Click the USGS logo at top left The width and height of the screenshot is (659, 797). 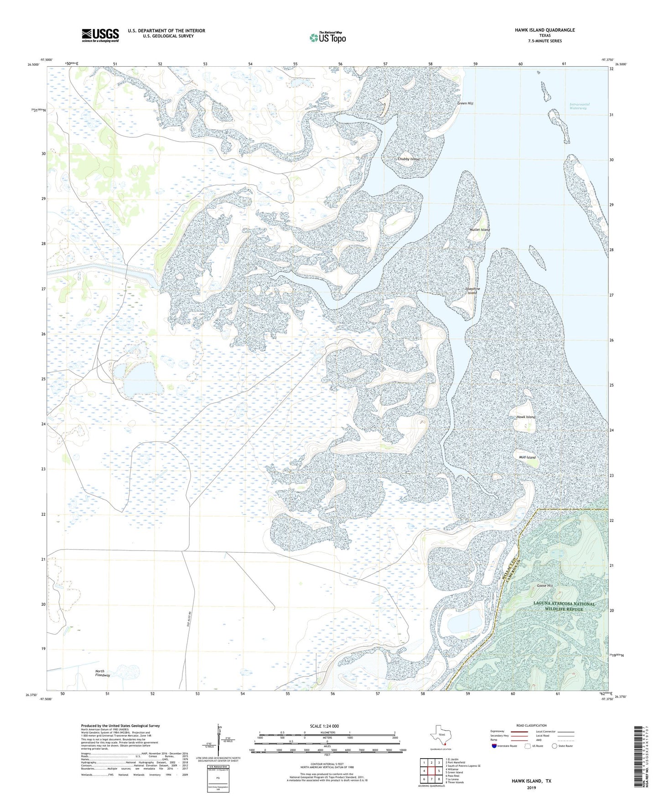100,35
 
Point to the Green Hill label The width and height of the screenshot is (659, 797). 465,104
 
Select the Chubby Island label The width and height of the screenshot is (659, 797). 408,159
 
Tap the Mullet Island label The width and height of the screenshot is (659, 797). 480,230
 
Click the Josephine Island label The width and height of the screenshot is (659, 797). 472,291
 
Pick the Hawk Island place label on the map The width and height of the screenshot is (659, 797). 525,417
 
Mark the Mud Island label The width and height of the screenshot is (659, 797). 527,457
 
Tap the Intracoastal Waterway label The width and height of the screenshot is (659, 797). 579,106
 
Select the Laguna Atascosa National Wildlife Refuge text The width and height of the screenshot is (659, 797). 564,606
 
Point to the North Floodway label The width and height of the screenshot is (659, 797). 102,673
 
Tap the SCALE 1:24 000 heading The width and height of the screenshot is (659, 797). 324,726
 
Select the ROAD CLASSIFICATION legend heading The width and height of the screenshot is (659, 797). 531,725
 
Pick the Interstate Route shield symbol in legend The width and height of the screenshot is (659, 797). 494,746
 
